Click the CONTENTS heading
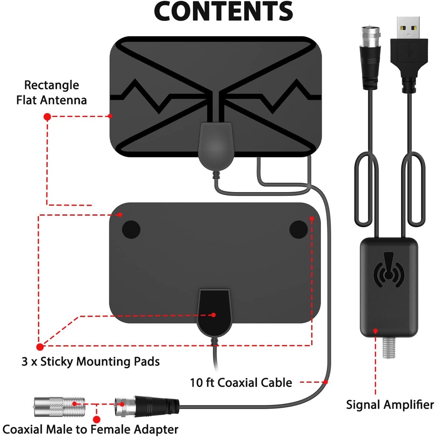coord(223,11)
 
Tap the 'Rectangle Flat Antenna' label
coord(52,93)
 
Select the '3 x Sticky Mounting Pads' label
coord(90,361)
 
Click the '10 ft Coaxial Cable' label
coord(241,383)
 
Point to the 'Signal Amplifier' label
coord(390,405)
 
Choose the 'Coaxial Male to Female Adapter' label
coord(90,429)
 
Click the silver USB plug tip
coord(408,28)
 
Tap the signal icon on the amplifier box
coord(389,270)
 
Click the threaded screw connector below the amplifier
coord(389,347)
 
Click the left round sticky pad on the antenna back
coord(131,229)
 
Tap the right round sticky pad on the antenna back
coord(298,229)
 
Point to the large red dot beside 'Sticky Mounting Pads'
coord(40,347)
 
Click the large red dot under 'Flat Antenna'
coord(47,117)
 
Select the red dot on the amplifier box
coord(376,331)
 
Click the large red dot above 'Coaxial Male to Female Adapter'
coord(97,420)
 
